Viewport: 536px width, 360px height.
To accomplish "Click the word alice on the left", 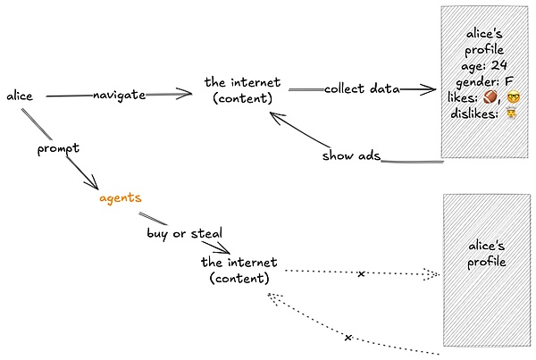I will (20, 95).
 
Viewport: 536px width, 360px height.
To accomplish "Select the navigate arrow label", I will (119, 95).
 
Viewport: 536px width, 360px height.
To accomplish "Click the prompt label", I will (59, 148).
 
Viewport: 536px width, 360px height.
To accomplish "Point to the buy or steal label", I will (184, 233).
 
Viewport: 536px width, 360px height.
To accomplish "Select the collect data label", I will (361, 88).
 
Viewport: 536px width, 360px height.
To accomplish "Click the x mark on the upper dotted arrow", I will (361, 273).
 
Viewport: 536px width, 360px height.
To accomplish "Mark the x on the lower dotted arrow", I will (348, 337).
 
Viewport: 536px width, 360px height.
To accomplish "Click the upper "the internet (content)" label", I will (239, 88).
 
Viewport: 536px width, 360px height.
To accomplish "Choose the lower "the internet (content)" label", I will (239, 270).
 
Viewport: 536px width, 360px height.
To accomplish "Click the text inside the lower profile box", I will (487, 254).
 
